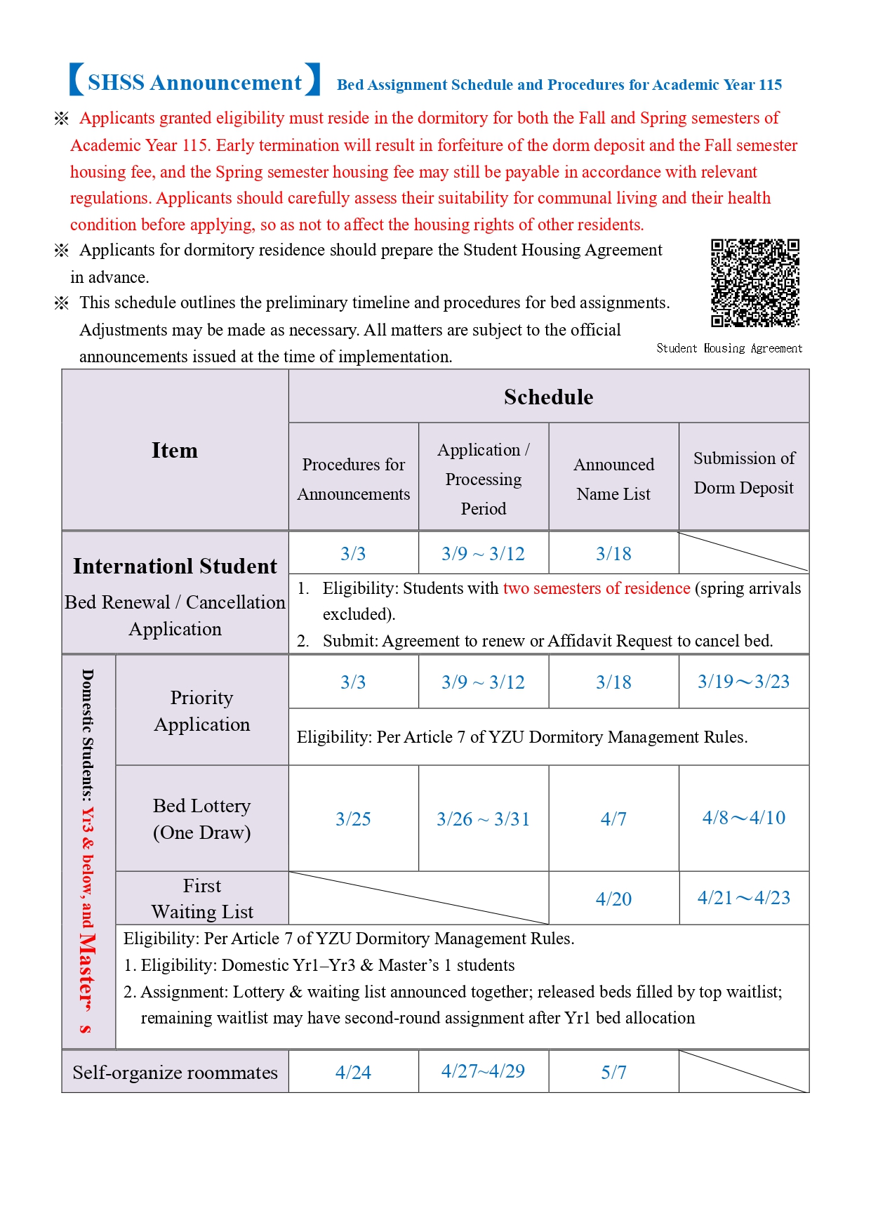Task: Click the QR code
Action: (754, 283)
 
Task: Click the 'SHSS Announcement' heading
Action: (194, 82)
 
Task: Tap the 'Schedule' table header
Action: (548, 397)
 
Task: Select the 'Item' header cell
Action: (174, 450)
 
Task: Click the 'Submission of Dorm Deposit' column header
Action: (743, 472)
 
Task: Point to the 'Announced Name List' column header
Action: (613, 479)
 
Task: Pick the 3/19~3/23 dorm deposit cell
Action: (743, 682)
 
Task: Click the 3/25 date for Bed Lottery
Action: (353, 819)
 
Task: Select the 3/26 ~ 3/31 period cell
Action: (483, 819)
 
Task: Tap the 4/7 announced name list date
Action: (613, 819)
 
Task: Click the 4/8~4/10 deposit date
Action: (743, 818)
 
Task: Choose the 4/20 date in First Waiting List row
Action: (613, 899)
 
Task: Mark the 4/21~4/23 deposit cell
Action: (743, 898)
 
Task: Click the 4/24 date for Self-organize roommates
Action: (353, 1072)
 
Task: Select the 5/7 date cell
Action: (613, 1072)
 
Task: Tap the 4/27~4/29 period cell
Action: (483, 1071)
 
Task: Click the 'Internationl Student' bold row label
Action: (175, 566)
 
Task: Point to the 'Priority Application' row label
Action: (201, 710)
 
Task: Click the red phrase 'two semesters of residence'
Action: (597, 588)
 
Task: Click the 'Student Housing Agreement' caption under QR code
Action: (729, 348)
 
